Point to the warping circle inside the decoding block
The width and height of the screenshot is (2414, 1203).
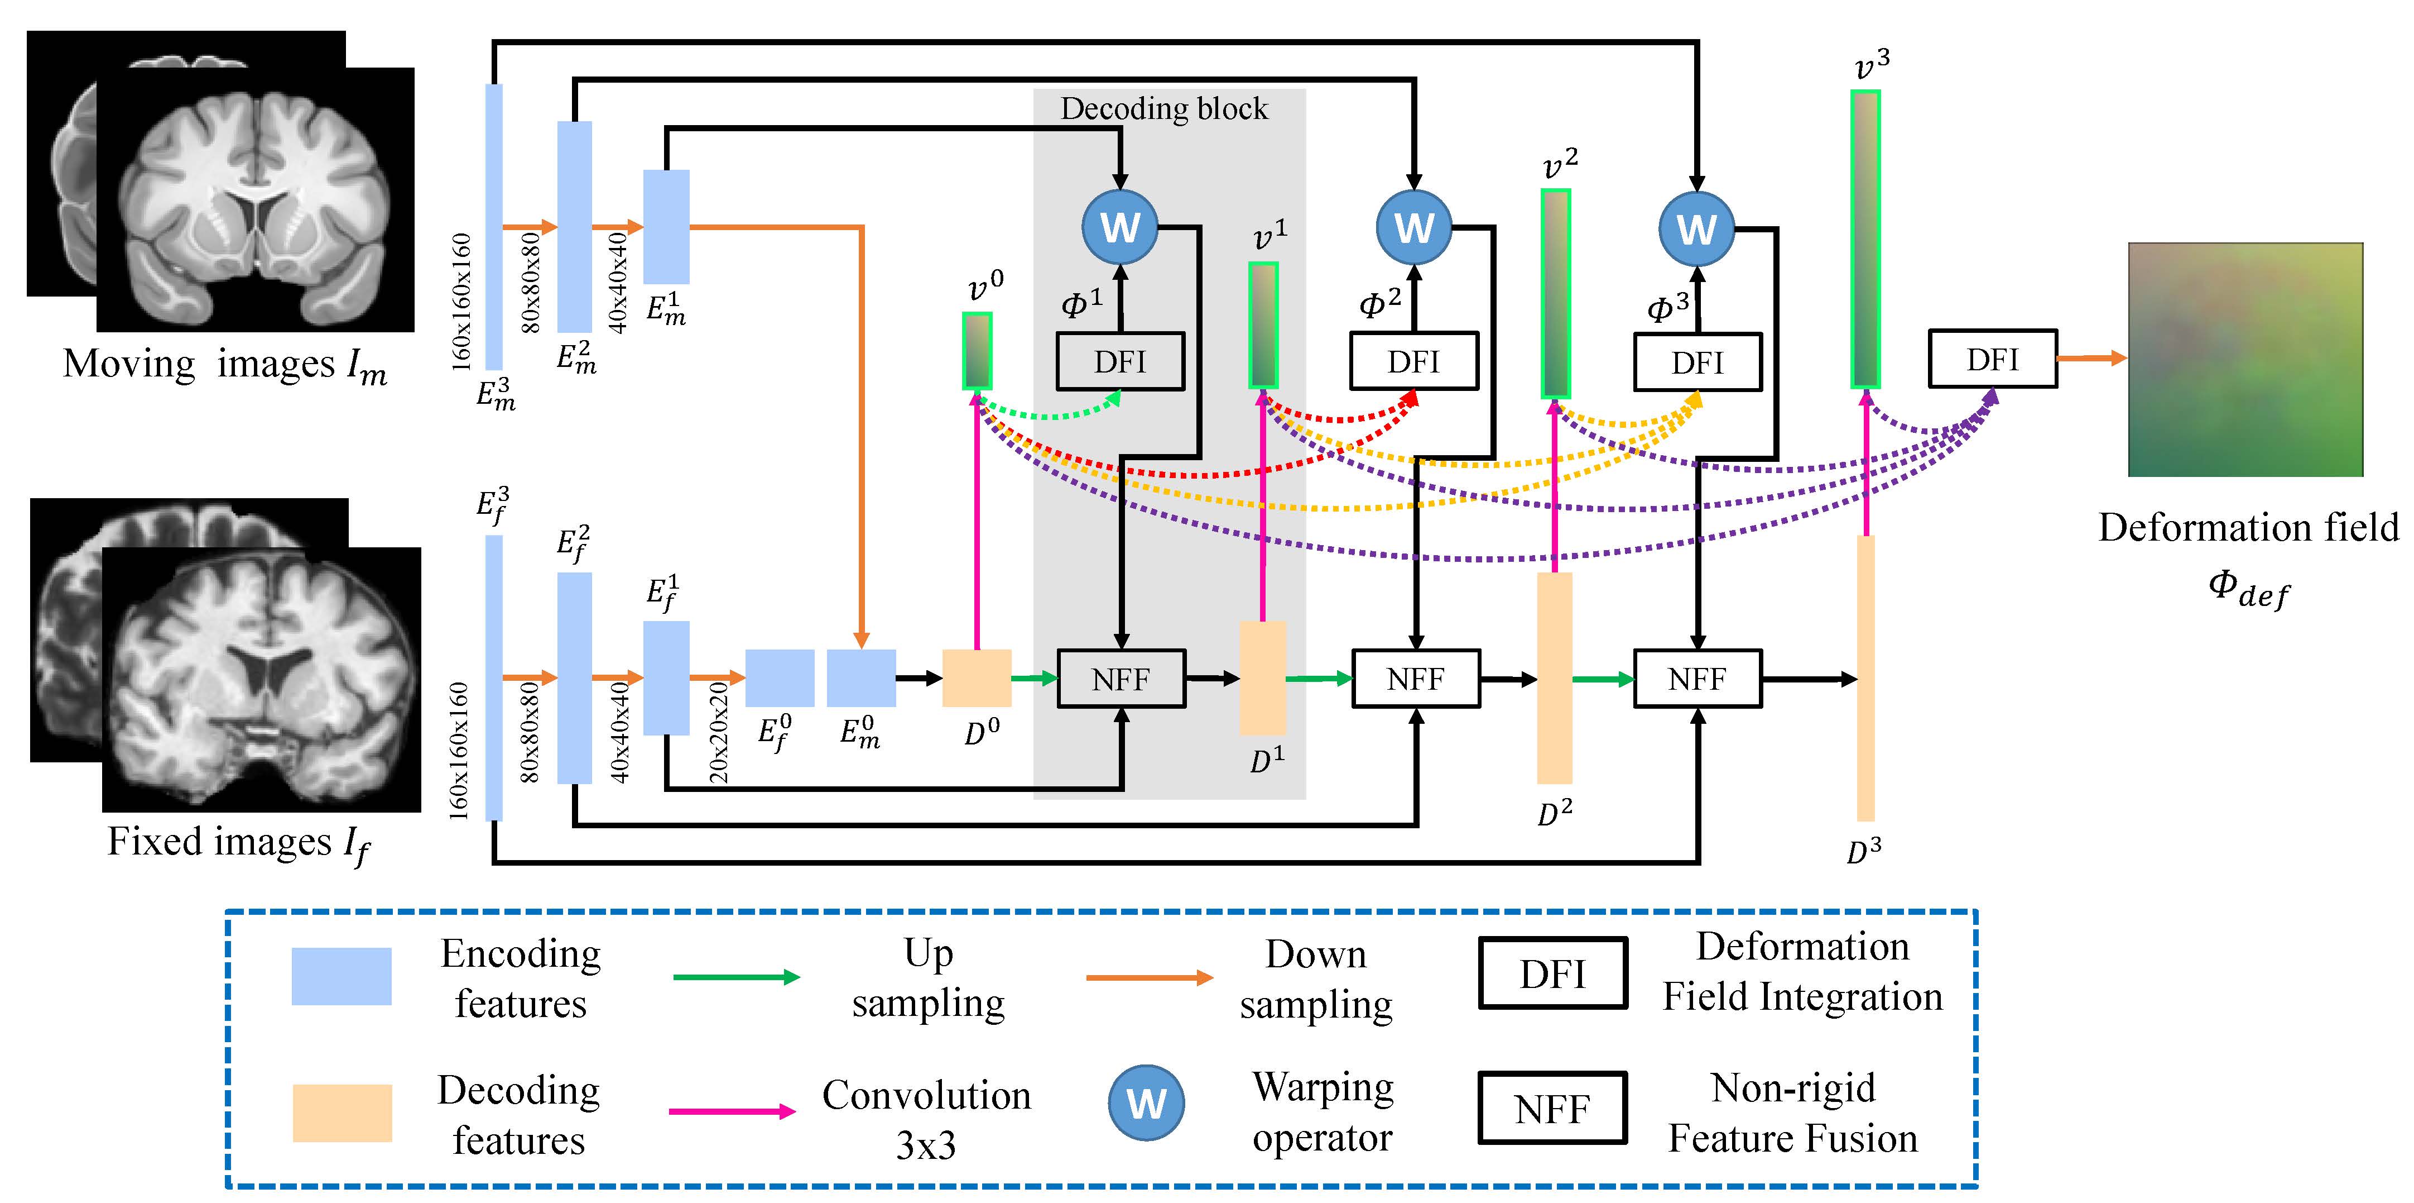1120,227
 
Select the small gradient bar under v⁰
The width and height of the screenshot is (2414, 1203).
978,351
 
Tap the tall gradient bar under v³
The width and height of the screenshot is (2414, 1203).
1866,239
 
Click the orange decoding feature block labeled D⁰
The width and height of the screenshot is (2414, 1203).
977,678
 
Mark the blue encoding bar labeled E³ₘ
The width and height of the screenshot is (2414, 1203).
494,227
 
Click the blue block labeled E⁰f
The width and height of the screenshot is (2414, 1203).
780,678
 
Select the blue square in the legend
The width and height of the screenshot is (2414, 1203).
341,976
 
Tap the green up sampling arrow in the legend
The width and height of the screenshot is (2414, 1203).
737,977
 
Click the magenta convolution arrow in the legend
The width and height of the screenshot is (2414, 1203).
733,1112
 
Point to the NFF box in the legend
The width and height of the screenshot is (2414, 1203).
1553,1108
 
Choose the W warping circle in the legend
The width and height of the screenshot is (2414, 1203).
1146,1102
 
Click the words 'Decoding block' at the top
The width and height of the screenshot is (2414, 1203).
1164,109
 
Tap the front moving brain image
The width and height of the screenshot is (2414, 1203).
255,200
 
